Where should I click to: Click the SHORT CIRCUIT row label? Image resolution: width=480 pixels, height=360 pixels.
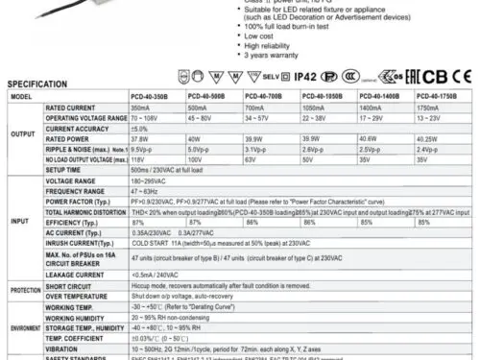click(x=70, y=313)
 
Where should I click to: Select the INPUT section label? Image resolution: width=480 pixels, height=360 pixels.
click(x=20, y=254)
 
